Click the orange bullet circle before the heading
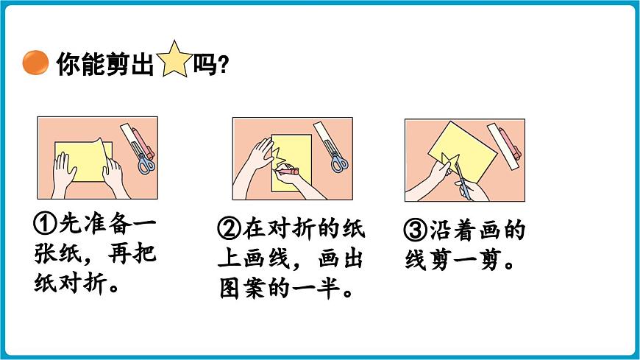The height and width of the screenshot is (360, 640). tap(35, 64)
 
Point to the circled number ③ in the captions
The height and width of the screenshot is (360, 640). tap(416, 231)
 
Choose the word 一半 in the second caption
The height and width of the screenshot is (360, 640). tap(325, 288)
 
